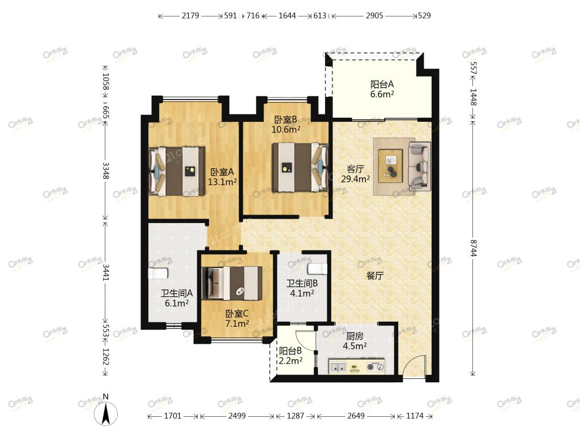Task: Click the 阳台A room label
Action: (x=382, y=84)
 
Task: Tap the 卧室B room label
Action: (x=285, y=120)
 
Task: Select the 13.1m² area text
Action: (x=222, y=182)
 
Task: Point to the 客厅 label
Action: (x=355, y=169)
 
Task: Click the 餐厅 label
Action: (x=375, y=276)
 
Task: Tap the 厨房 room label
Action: (x=355, y=336)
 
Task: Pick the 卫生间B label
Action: (x=302, y=284)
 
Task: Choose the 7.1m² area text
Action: (x=237, y=323)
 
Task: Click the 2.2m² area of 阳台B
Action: (x=291, y=360)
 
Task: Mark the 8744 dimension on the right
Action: (x=474, y=248)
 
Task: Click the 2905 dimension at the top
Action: (x=374, y=15)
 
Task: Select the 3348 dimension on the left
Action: (x=105, y=170)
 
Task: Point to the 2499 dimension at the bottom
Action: (x=237, y=416)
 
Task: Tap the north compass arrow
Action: (x=106, y=413)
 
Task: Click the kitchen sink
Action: (x=338, y=367)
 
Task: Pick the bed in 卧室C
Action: (x=232, y=283)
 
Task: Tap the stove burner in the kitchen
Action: (x=375, y=367)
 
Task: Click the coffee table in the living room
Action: (x=391, y=165)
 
